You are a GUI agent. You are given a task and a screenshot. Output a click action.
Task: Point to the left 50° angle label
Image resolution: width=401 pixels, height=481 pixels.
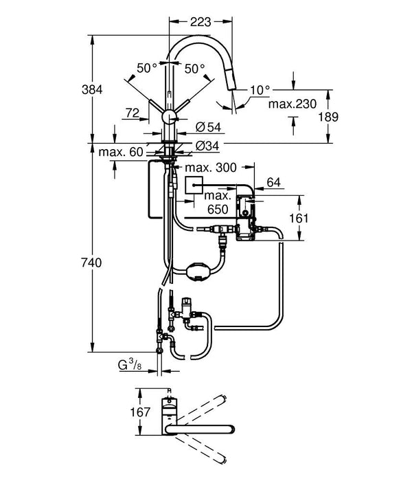coord(148,69)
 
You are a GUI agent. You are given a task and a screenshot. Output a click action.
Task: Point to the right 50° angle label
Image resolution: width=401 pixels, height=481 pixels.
coord(195,69)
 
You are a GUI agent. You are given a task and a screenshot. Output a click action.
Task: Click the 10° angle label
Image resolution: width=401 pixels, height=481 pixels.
coord(260,89)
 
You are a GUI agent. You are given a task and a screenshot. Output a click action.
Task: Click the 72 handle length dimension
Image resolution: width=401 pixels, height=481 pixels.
coord(133,111)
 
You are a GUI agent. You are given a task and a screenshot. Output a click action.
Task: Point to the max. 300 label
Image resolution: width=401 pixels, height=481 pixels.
coord(212,168)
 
